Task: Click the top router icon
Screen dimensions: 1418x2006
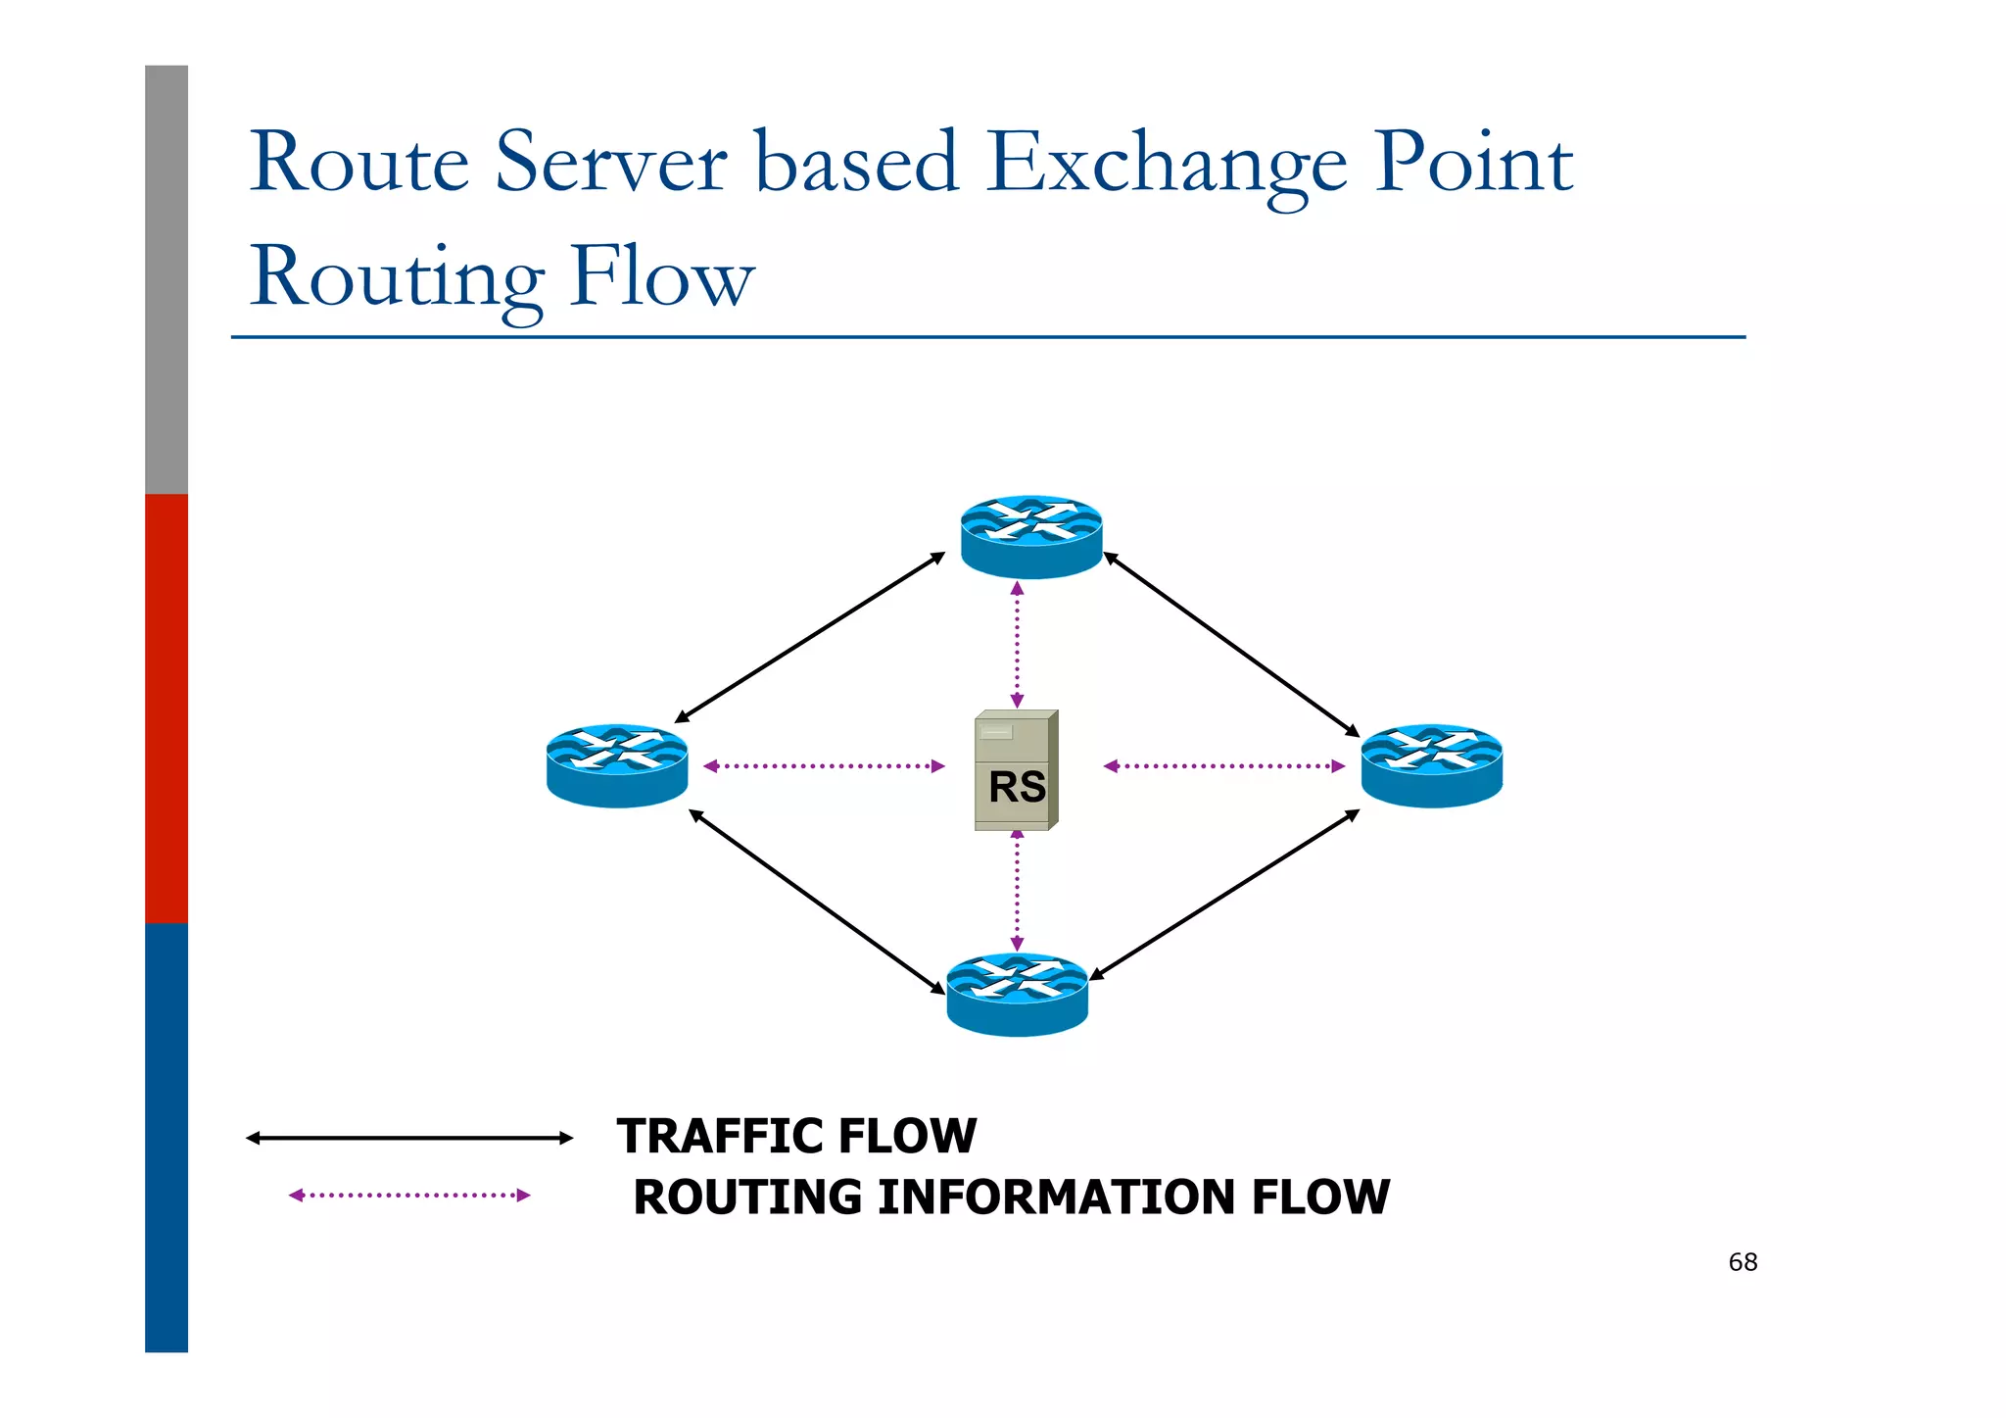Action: pyautogui.click(x=1031, y=536)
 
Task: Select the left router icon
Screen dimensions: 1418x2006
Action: pyautogui.click(x=617, y=765)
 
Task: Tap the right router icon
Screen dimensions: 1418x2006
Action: pyautogui.click(x=1431, y=765)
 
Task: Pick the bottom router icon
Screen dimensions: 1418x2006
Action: pyautogui.click(x=1017, y=994)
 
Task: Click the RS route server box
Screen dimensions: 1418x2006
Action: pyautogui.click(x=1016, y=771)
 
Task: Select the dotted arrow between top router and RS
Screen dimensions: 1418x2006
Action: pyautogui.click(x=1017, y=644)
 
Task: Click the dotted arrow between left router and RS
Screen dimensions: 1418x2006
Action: pyautogui.click(x=824, y=765)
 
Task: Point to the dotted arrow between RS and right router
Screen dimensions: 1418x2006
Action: pyautogui.click(x=1223, y=765)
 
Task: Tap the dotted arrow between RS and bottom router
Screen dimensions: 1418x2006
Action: pyautogui.click(x=1017, y=890)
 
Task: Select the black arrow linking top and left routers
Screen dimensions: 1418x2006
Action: pyautogui.click(x=810, y=638)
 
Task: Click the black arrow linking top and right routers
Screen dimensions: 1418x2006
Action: pyautogui.click(x=1231, y=644)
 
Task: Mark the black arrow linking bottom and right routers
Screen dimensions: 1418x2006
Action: pyautogui.click(x=1224, y=895)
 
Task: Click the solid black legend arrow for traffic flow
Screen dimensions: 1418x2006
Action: pyautogui.click(x=408, y=1138)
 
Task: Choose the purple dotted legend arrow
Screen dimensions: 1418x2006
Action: pyautogui.click(x=408, y=1195)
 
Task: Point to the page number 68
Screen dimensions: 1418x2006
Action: pyautogui.click(x=1743, y=1262)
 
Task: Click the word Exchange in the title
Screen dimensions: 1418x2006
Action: pyautogui.click(x=1166, y=163)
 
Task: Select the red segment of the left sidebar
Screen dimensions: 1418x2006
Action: pyautogui.click(x=167, y=708)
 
